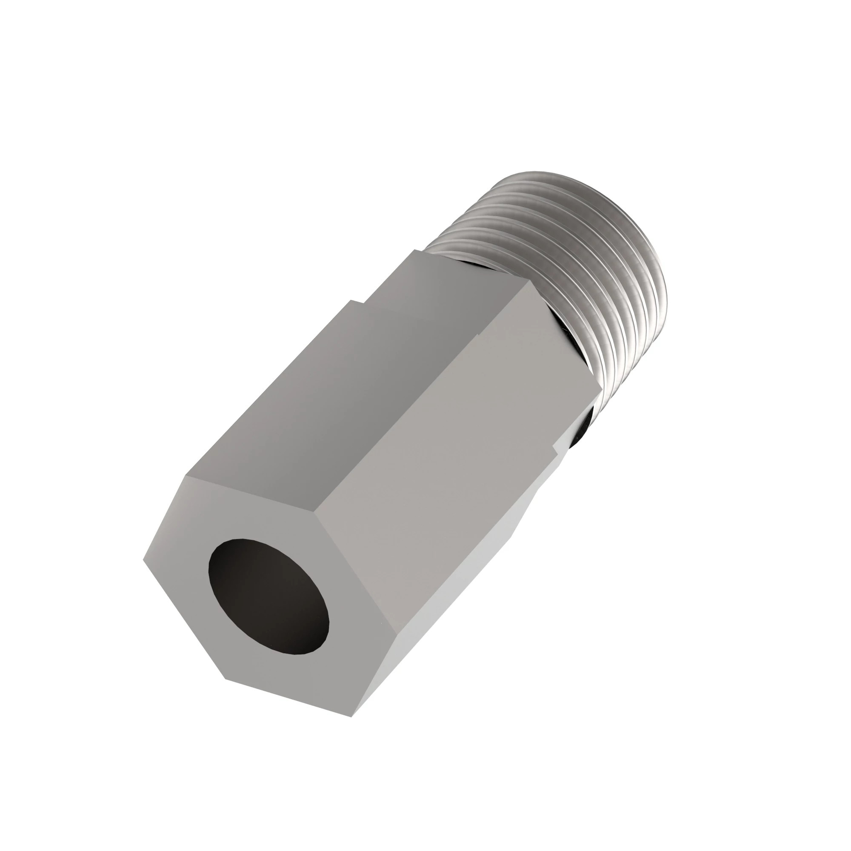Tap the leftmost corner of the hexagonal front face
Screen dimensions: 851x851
(x=143, y=561)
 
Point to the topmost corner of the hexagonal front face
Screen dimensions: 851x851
(x=186, y=476)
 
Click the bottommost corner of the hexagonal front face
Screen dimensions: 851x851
(x=352, y=717)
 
